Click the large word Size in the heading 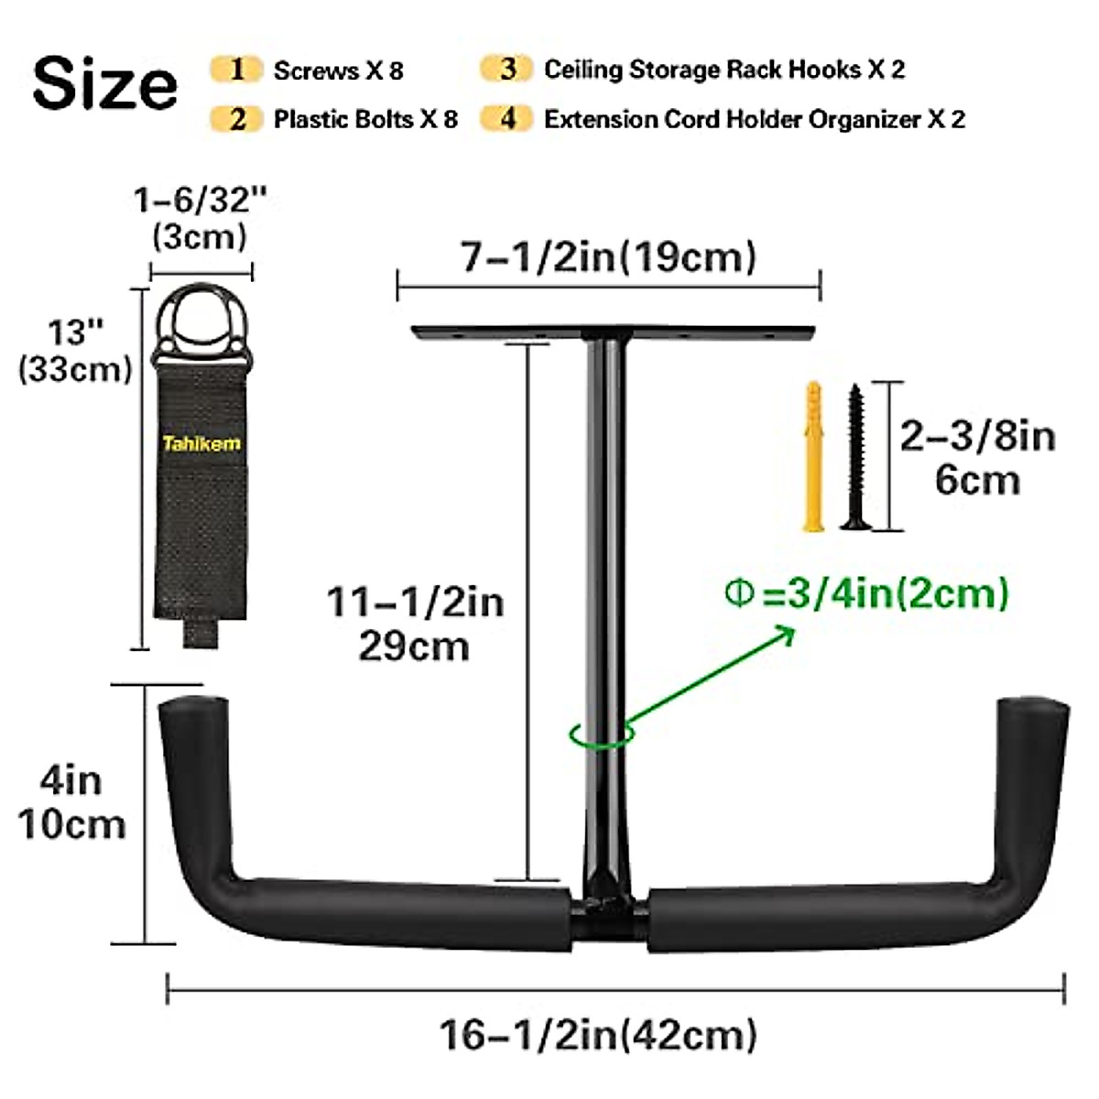pyautogui.click(x=104, y=83)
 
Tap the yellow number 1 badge pyautogui.click(x=237, y=70)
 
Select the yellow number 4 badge pyautogui.click(x=507, y=119)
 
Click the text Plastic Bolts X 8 pyautogui.click(x=365, y=119)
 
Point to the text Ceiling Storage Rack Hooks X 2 pyautogui.click(x=724, y=70)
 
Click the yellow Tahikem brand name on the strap pyautogui.click(x=201, y=444)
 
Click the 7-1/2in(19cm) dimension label pyautogui.click(x=608, y=257)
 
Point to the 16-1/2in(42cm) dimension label pyautogui.click(x=598, y=1036)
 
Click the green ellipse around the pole pyautogui.click(x=602, y=734)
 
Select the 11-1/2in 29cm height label pyautogui.click(x=415, y=624)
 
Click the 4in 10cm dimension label pyautogui.click(x=71, y=802)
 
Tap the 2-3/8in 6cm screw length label pyautogui.click(x=977, y=458)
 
